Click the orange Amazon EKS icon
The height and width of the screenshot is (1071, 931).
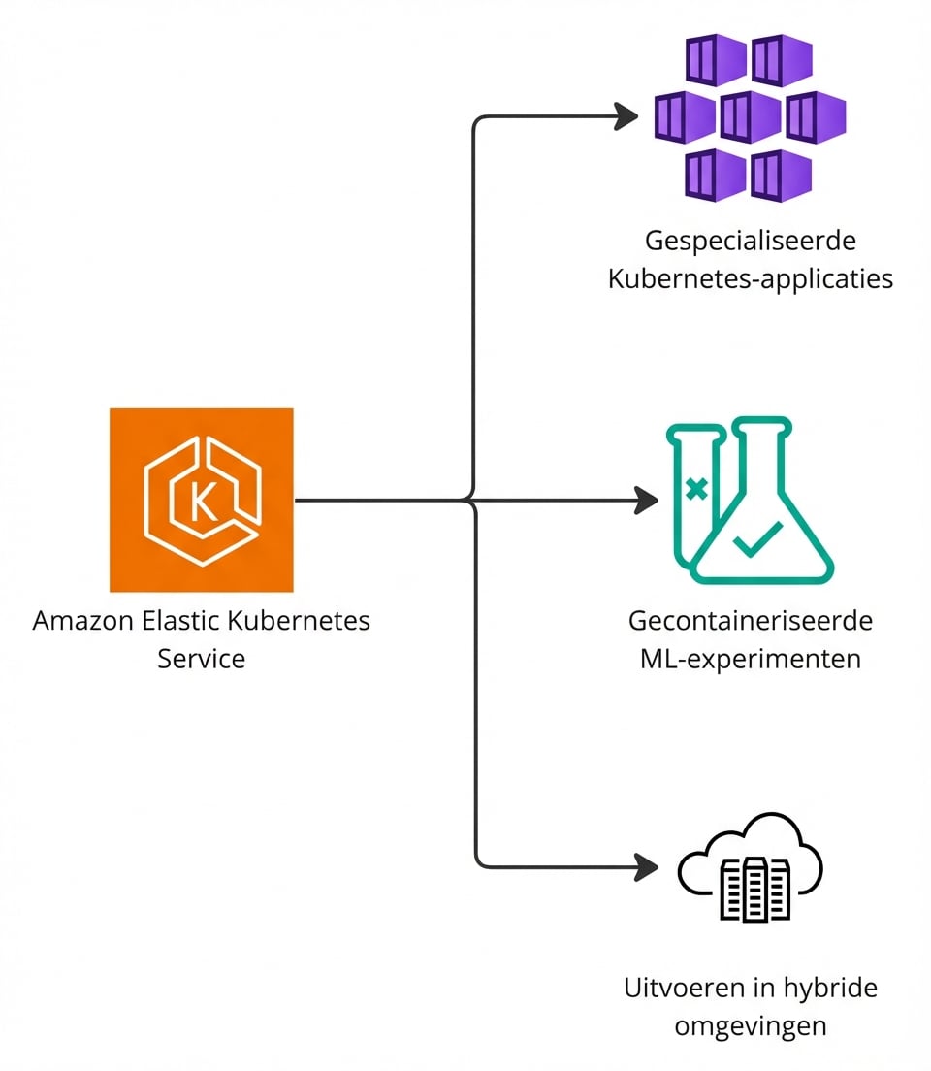(201, 500)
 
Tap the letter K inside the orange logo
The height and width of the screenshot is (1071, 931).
(203, 501)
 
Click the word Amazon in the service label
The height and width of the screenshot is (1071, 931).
(81, 621)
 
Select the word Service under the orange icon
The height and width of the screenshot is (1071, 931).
(201, 659)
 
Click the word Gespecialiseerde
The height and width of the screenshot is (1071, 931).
(751, 241)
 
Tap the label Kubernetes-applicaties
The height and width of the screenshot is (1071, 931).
(751, 279)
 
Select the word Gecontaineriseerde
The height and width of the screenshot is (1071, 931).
(751, 620)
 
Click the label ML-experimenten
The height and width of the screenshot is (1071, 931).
(751, 659)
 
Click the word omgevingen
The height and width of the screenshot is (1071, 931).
(751, 1026)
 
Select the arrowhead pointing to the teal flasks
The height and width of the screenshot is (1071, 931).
(646, 501)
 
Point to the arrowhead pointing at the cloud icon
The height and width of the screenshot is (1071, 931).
(646, 866)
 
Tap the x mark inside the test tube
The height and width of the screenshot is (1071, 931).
(695, 489)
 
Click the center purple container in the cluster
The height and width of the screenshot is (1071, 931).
(750, 116)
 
